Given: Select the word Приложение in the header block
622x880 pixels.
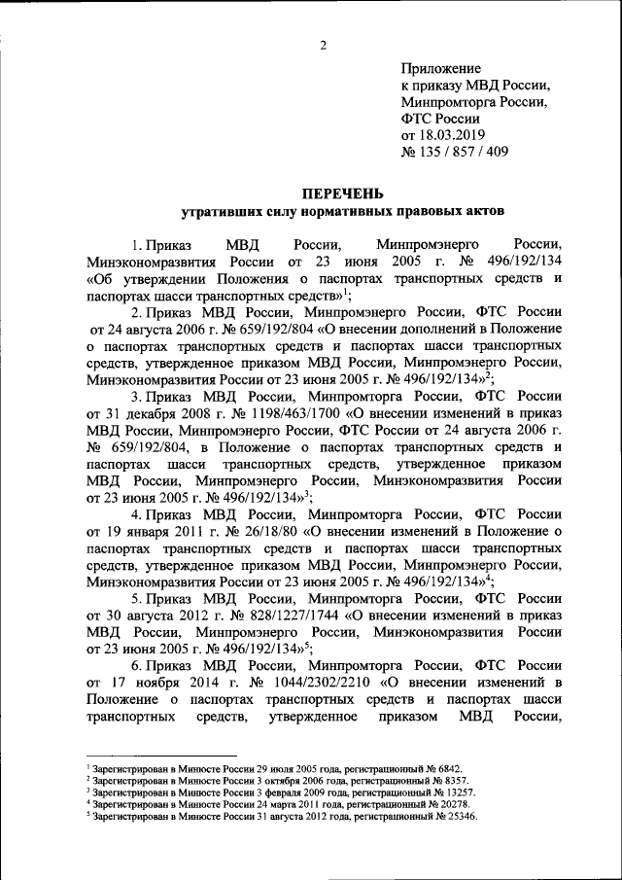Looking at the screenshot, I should [x=440, y=68].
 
